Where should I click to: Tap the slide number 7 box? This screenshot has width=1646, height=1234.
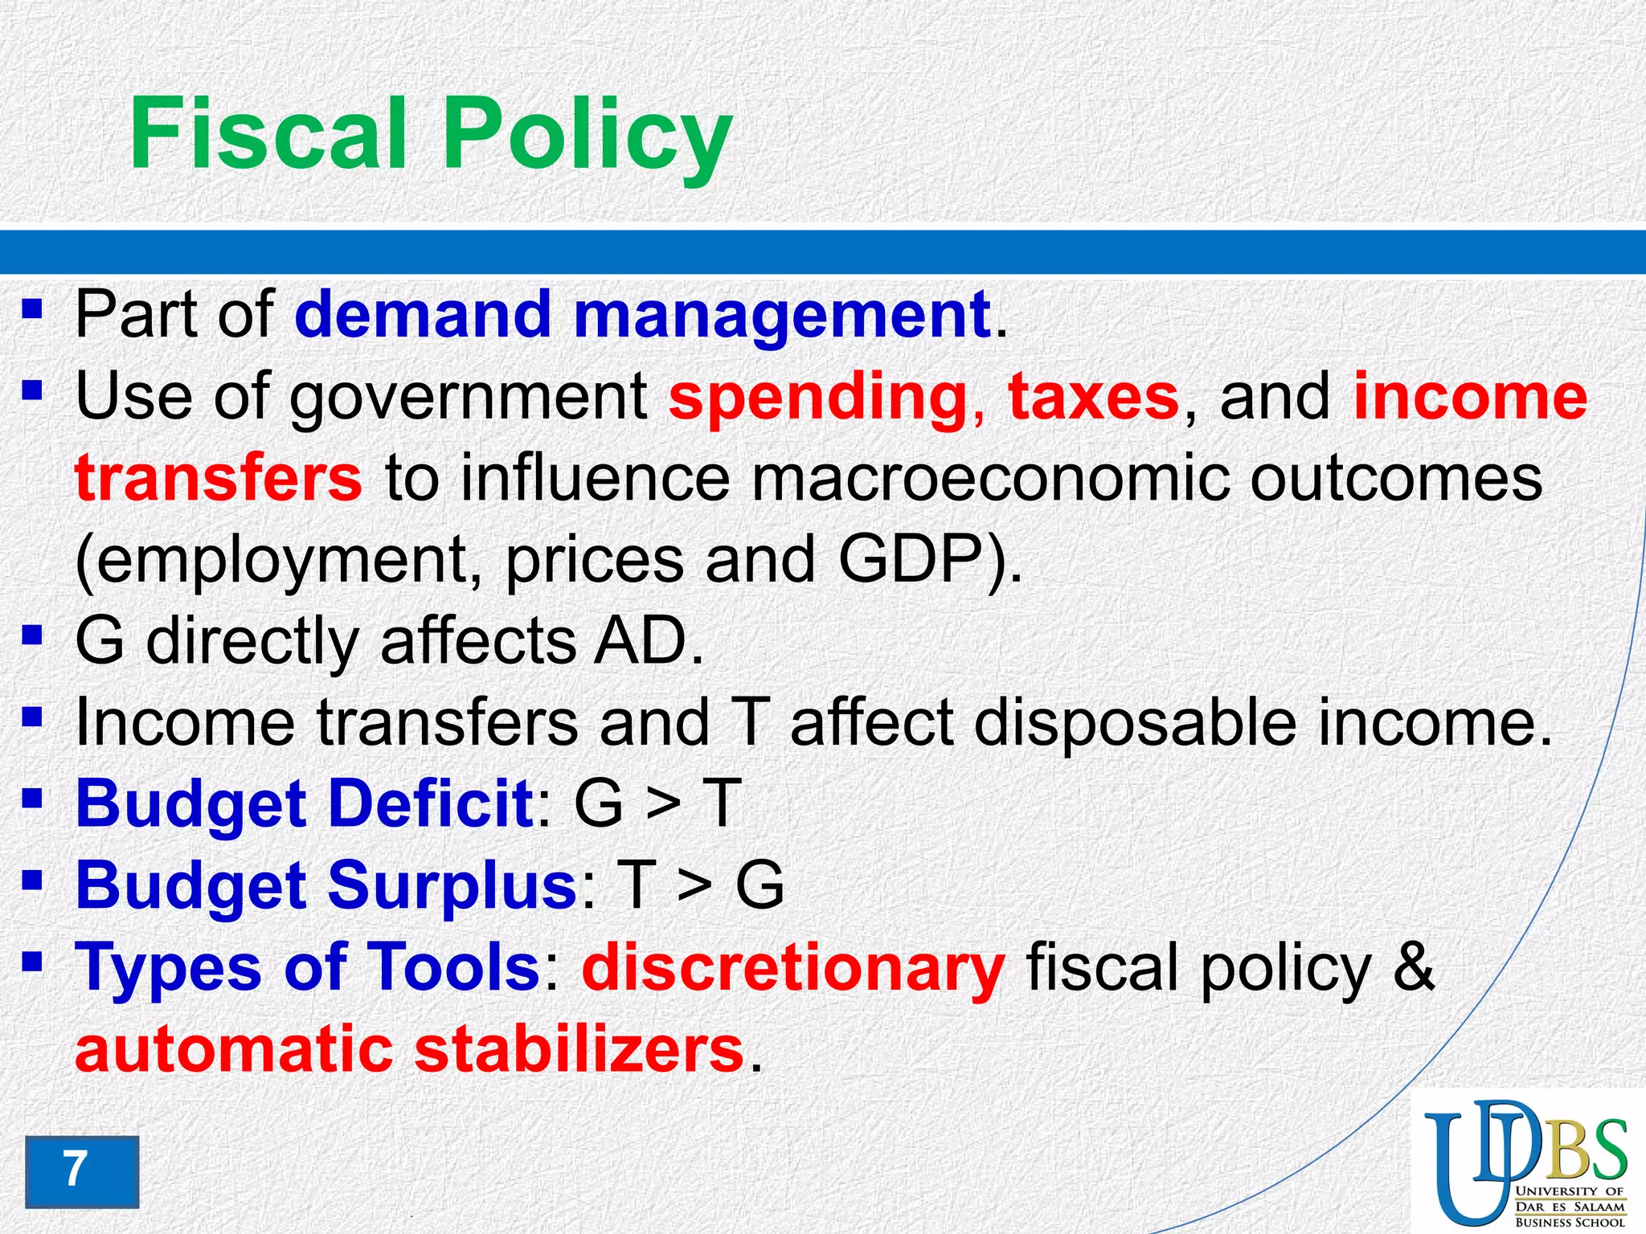(x=81, y=1171)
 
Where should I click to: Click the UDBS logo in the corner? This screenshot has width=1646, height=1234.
(x=1525, y=1162)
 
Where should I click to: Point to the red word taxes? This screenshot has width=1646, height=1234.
(x=1093, y=397)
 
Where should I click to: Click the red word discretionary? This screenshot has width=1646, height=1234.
(x=792, y=967)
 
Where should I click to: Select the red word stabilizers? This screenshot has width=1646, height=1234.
(x=579, y=1049)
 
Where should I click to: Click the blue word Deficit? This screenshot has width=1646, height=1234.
(x=430, y=803)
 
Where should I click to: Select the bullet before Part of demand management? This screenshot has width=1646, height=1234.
(x=31, y=309)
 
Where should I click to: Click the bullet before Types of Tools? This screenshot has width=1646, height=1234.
(x=31, y=961)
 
